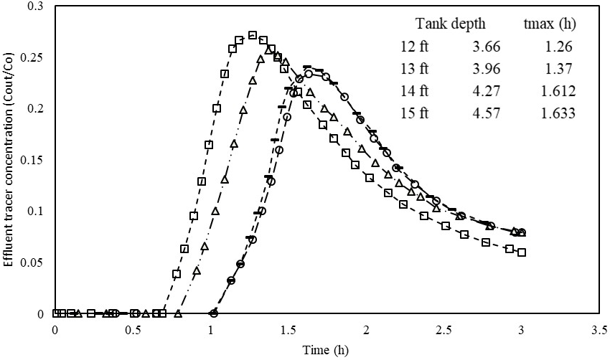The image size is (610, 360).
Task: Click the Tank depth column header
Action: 451,24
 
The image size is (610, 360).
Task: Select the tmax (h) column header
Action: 550,24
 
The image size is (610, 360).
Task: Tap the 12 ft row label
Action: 415,48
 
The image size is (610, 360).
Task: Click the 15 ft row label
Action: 415,113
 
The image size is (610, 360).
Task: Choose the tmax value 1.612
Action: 558,91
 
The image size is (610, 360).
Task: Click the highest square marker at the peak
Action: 252,34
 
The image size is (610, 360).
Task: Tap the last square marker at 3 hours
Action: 522,252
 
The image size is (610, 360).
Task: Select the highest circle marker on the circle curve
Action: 309,74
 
